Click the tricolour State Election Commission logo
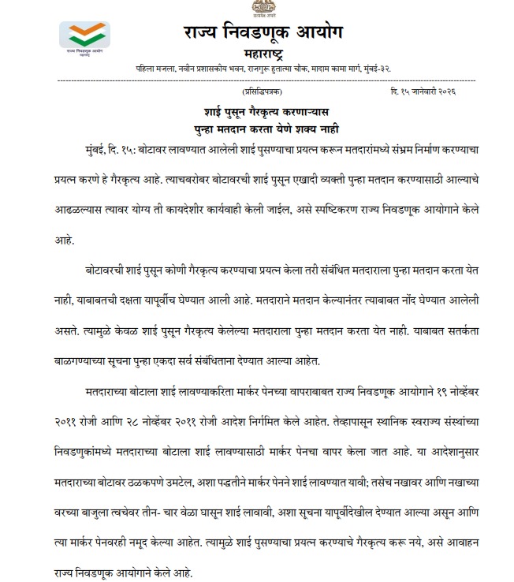coord(84,36)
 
